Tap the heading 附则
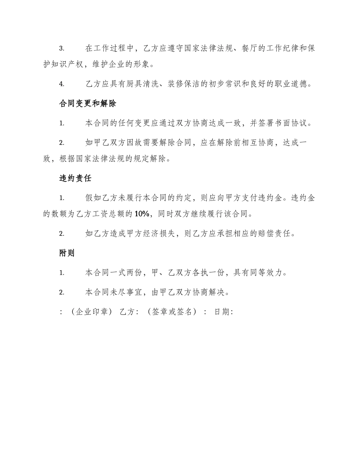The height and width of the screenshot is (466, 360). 67,253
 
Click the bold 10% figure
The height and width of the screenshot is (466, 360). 142,214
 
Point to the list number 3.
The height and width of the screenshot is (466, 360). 62,48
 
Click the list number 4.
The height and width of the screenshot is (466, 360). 62,84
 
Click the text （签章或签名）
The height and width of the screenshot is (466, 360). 172,312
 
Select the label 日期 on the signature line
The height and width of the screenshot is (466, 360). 221,312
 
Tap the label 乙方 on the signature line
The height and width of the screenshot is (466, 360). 127,312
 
